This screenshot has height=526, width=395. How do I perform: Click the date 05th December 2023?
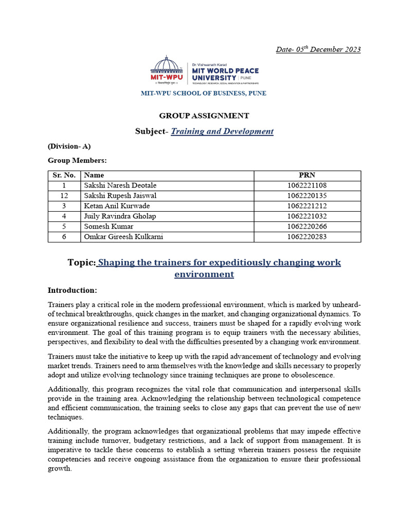click(318, 49)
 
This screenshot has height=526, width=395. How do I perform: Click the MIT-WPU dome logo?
click(166, 69)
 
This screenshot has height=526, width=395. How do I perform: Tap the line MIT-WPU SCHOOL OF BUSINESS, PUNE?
click(204, 93)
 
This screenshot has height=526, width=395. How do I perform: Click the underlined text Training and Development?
click(222, 131)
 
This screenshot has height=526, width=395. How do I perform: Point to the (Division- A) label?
click(69, 146)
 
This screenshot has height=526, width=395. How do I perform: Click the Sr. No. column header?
click(64, 175)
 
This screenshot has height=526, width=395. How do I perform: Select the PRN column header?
click(307, 175)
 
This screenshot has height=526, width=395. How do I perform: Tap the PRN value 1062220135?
click(307, 196)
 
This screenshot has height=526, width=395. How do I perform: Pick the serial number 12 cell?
click(64, 196)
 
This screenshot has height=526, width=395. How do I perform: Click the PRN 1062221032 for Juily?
click(307, 216)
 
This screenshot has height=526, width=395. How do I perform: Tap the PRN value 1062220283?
click(307, 237)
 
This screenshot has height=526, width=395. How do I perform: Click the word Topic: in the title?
click(81, 263)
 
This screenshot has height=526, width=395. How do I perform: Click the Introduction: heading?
click(72, 290)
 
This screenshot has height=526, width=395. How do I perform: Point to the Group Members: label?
click(77, 160)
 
